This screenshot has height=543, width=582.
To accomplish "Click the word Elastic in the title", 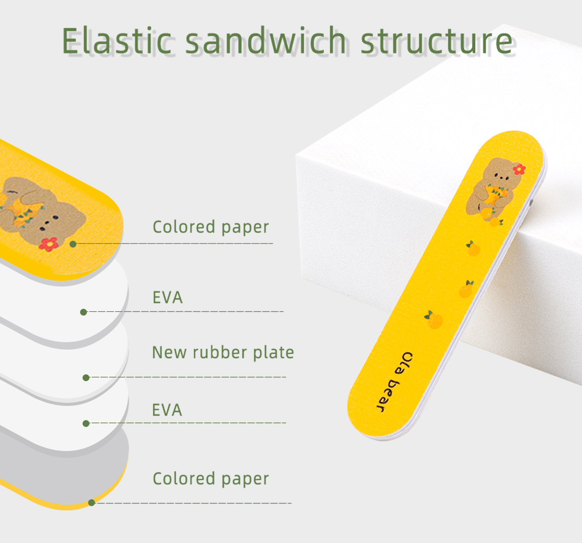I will [x=117, y=41].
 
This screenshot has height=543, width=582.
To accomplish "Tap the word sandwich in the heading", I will [x=265, y=41].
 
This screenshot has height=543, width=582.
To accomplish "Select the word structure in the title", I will [x=436, y=41].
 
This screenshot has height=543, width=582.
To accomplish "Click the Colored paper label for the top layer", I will [x=211, y=227].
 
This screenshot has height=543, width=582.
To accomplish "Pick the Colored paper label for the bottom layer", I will [x=211, y=479].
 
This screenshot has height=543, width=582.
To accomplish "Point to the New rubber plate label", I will [x=223, y=353].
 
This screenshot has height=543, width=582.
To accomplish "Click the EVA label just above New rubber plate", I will [x=167, y=298].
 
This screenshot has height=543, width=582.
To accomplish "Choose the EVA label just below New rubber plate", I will [x=167, y=410].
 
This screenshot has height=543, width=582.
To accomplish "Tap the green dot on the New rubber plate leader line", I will [x=86, y=378].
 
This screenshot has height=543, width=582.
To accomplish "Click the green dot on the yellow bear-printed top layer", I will [x=73, y=244].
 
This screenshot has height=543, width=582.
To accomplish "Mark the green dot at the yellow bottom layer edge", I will [x=92, y=503].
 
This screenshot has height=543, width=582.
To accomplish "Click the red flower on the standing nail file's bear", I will [x=519, y=169].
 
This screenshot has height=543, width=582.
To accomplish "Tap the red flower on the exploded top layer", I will [x=48, y=244].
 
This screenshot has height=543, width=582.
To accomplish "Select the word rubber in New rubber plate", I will [x=220, y=353].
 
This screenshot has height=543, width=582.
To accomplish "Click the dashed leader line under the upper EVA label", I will [x=186, y=311].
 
